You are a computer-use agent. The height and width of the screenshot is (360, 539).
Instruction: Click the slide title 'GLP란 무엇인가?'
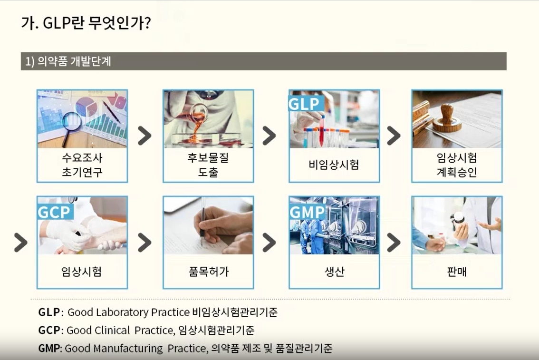click(x=86, y=23)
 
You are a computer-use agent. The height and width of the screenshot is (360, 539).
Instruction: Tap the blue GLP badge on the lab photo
click(x=304, y=103)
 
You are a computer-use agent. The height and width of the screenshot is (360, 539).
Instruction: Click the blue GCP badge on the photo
click(x=54, y=212)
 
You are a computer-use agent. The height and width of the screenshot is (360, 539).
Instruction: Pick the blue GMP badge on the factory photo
click(x=307, y=212)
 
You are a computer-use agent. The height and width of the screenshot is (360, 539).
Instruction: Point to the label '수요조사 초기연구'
click(x=82, y=165)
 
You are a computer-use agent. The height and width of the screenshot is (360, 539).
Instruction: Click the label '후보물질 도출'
click(x=208, y=165)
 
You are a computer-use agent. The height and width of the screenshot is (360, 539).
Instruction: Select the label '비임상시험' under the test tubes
click(x=334, y=165)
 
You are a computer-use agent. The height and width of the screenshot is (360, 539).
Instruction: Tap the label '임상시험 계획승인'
click(x=456, y=165)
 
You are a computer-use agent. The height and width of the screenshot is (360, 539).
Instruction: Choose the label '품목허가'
click(x=208, y=272)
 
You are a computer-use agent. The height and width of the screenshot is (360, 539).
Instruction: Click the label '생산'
click(x=334, y=272)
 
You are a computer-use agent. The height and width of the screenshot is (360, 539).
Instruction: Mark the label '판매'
click(x=456, y=272)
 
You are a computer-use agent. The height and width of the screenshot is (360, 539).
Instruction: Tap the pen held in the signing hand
click(x=202, y=224)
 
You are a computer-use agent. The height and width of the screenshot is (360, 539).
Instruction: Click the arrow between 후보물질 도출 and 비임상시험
click(x=269, y=136)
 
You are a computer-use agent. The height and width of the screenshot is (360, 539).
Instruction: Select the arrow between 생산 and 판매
click(x=394, y=243)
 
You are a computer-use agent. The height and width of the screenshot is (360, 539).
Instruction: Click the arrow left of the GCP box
click(x=20, y=243)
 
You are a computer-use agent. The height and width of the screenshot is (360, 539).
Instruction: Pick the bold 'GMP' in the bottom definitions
click(x=49, y=348)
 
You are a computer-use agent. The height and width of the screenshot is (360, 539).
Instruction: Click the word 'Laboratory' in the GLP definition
click(x=122, y=312)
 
